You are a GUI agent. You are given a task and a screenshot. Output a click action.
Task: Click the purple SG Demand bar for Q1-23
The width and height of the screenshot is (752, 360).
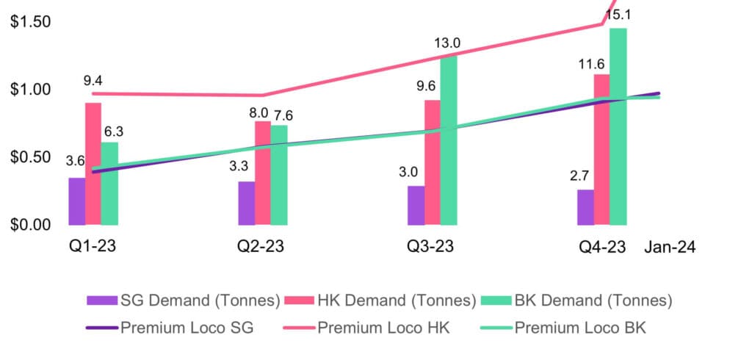(x=77, y=201)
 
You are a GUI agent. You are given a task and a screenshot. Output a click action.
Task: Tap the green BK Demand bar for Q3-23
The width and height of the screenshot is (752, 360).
(x=449, y=140)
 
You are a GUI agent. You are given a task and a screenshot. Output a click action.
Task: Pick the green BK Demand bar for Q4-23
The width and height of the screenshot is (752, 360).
(x=618, y=126)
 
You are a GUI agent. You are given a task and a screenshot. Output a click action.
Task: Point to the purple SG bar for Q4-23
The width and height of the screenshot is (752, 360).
(x=585, y=207)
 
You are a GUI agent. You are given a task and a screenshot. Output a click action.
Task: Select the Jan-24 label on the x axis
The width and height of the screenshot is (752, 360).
(x=670, y=248)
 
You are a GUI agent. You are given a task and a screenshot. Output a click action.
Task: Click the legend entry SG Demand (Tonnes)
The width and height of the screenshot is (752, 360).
(x=184, y=300)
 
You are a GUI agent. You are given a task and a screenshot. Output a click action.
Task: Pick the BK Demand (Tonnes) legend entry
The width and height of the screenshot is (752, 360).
(x=576, y=300)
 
